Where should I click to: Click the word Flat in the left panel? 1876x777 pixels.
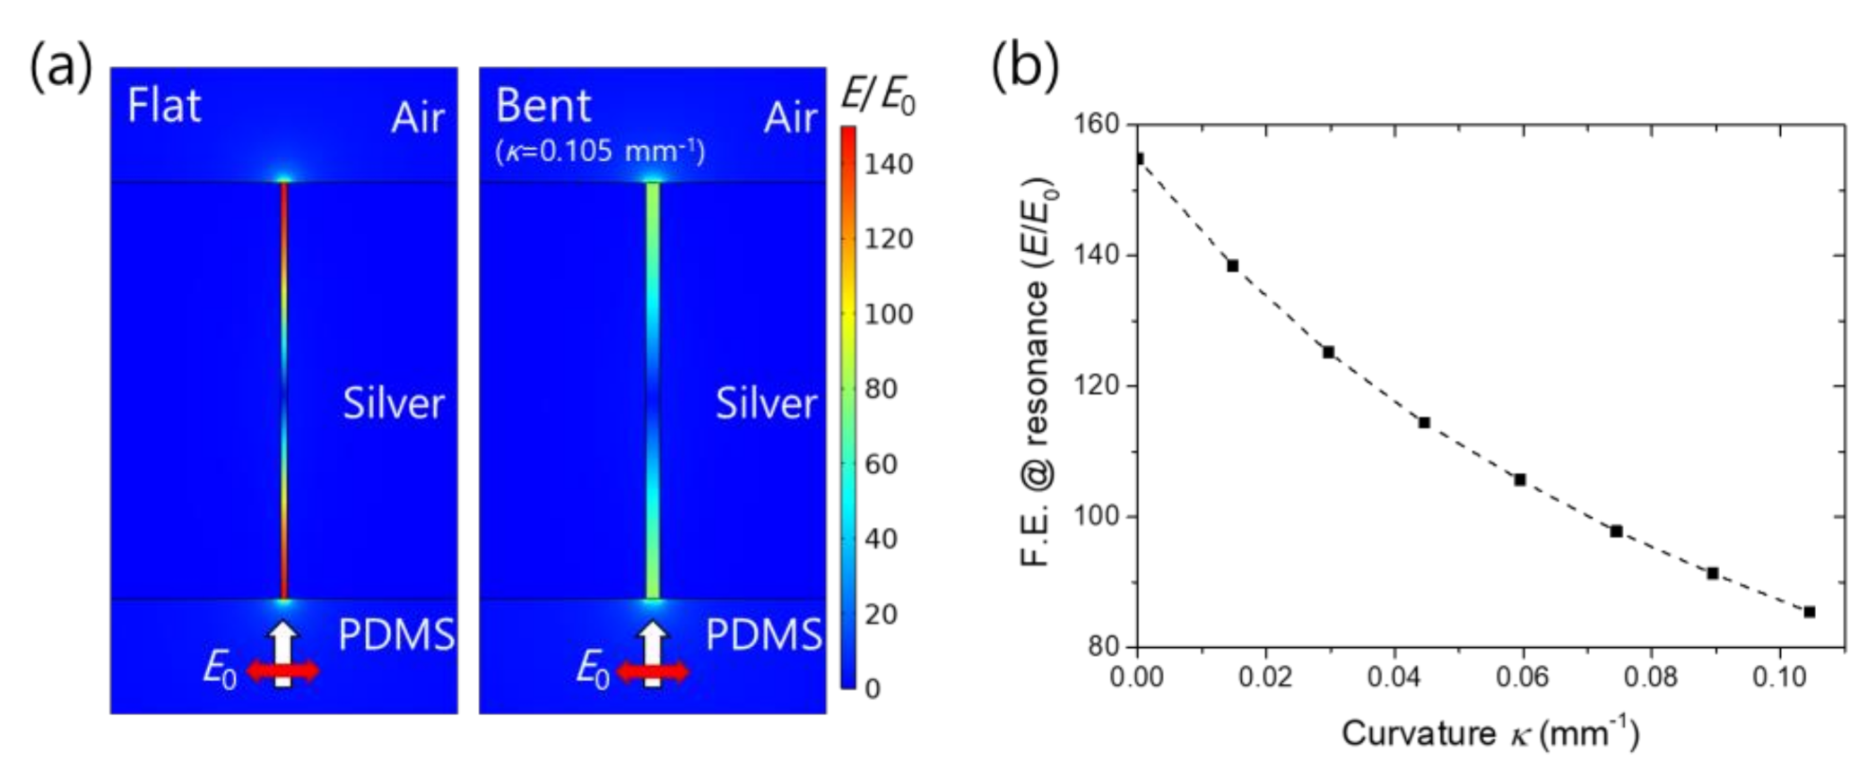164,106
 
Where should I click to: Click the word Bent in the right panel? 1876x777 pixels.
543,106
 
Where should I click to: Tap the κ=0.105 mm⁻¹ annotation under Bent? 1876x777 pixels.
600,150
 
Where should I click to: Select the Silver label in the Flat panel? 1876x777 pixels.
393,403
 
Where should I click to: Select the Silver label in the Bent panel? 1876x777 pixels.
766,403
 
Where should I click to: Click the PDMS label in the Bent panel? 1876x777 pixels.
763,635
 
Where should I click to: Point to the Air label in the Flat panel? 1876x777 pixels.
417,117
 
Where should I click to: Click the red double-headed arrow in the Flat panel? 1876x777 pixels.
282,670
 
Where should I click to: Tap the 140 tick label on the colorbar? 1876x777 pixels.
888,164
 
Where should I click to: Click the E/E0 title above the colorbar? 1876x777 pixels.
877,95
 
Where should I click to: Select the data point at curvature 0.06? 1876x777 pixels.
1520,480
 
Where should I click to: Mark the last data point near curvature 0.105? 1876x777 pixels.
1810,612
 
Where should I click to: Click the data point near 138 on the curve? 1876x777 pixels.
1233,266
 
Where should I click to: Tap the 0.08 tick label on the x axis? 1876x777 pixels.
1650,677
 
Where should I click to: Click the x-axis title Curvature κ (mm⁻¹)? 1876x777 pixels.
1490,733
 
